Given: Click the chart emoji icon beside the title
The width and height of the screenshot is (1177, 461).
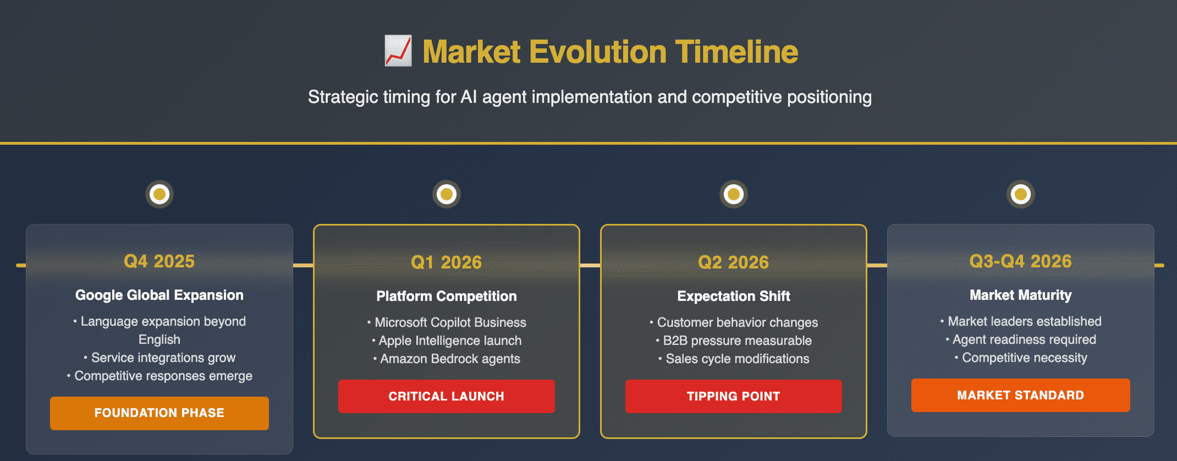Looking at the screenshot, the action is [398, 51].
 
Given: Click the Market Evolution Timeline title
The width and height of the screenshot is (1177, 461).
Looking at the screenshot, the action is [610, 52].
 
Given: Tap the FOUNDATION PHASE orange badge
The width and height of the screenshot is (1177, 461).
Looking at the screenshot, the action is [159, 413].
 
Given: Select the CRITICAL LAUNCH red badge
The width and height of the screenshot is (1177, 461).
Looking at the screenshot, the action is [447, 396].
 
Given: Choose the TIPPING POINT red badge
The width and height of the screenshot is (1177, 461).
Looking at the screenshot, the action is [734, 396].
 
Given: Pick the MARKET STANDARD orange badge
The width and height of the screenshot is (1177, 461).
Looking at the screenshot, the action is [1021, 395].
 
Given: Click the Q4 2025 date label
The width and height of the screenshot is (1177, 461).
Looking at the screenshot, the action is [159, 261].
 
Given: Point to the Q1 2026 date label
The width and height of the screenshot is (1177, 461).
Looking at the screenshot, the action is [447, 262].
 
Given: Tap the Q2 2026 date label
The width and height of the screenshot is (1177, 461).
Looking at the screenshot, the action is [734, 262].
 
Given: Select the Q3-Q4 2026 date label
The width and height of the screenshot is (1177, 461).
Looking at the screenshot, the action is [1021, 261].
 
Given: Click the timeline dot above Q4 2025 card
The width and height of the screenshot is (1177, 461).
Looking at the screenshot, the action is [159, 194].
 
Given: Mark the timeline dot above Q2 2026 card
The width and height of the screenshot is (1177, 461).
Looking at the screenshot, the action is [734, 194].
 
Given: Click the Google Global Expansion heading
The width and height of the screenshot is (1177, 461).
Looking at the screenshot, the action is [159, 295].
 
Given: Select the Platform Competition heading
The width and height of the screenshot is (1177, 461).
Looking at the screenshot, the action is [447, 297].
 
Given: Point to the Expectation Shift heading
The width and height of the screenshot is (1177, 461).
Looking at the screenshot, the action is [734, 297].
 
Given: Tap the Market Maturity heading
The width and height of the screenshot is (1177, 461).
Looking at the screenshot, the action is [1021, 295].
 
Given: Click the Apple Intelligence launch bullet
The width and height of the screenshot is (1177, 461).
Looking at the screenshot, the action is [447, 341].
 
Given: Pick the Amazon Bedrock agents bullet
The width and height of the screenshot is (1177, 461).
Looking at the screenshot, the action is [447, 359].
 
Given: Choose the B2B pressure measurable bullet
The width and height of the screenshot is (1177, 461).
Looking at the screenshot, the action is [734, 341].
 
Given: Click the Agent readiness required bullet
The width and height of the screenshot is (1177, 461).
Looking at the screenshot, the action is [1021, 340].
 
